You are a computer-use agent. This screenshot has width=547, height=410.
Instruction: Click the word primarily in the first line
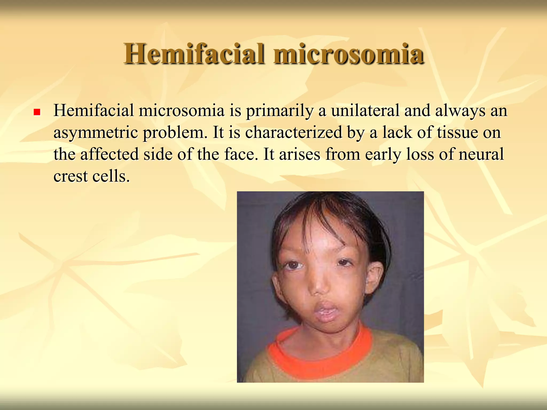tap(279, 111)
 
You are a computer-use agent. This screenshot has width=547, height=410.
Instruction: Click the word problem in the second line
tap(175, 133)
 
